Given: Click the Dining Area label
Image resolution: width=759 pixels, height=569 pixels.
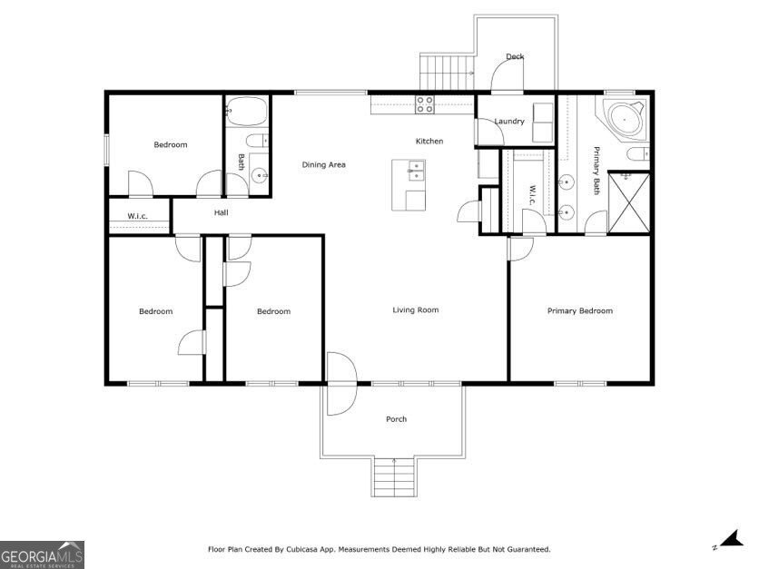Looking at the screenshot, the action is (323, 164).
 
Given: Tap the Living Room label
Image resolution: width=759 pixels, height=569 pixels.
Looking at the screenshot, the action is (415, 309).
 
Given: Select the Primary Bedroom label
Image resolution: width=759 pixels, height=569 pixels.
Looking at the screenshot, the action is (580, 310).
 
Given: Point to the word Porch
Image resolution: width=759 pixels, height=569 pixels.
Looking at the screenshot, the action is (396, 419).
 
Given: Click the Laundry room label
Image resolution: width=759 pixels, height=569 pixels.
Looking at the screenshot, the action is (509, 121).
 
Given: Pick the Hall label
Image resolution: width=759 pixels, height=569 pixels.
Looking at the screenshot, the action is (222, 212).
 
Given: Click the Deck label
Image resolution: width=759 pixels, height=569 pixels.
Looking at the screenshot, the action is (515, 56).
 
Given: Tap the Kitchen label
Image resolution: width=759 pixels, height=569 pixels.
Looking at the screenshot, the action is (429, 141).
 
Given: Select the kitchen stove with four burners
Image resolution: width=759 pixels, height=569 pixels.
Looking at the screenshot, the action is (425, 104).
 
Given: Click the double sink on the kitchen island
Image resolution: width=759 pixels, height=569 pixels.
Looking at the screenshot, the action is (416, 171).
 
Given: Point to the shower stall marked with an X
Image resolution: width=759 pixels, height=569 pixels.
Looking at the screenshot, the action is (628, 201).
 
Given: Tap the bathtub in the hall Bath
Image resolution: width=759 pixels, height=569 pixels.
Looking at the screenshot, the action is (247, 112).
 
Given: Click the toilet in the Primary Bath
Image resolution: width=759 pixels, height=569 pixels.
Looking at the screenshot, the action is (637, 154).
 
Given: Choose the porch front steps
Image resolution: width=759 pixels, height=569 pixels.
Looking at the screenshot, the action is (395, 476).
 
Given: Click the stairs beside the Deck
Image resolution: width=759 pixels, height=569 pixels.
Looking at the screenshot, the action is (447, 72).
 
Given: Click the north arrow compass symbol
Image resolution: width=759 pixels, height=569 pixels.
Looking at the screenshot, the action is (731, 539).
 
